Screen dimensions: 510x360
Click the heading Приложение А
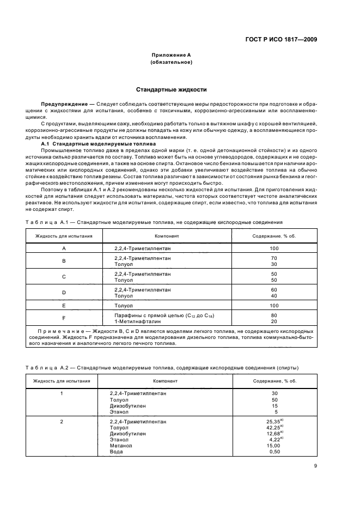(x=170, y=56)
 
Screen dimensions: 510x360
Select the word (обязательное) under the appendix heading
(x=170, y=63)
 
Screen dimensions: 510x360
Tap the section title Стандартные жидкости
(x=170, y=89)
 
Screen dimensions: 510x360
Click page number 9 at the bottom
(x=315, y=465)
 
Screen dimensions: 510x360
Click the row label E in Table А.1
(x=64, y=306)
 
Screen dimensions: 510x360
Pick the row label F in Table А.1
(x=64, y=318)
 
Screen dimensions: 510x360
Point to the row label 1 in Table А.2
(x=62, y=393)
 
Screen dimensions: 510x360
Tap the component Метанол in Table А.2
(x=120, y=445)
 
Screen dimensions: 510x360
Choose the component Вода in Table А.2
(x=116, y=451)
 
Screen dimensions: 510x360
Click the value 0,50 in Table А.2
(x=274, y=451)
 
